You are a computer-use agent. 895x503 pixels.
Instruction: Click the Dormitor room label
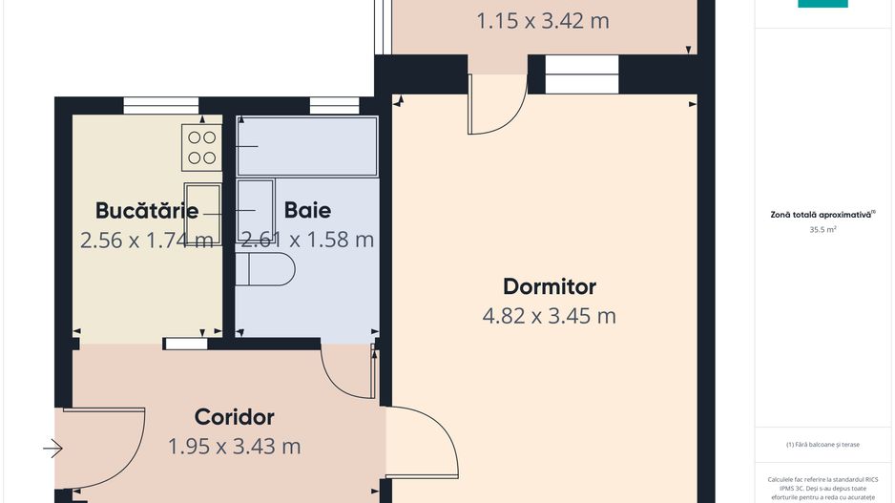pyautogui.click(x=549, y=286)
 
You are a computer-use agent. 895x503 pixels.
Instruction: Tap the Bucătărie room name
pyautogui.click(x=147, y=210)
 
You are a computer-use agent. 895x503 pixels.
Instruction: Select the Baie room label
pyautogui.click(x=307, y=210)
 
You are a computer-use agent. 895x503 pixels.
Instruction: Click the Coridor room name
pyautogui.click(x=234, y=417)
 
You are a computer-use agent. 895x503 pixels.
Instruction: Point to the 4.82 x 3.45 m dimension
pyautogui.click(x=549, y=316)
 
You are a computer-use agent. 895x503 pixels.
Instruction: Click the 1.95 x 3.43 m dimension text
pyautogui.click(x=234, y=446)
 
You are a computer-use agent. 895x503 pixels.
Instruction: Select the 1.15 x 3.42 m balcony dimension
pyautogui.click(x=542, y=20)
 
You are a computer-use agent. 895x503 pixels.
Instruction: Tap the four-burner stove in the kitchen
pyautogui.click(x=201, y=148)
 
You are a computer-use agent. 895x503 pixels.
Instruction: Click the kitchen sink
pyautogui.click(x=202, y=215)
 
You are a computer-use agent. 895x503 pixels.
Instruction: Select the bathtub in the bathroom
pyautogui.click(x=306, y=146)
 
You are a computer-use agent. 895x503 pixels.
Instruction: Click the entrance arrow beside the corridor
pyautogui.click(x=52, y=448)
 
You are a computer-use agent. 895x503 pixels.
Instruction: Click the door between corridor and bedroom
pyautogui.click(x=420, y=444)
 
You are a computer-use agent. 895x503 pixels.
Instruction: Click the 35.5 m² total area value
pyautogui.click(x=822, y=230)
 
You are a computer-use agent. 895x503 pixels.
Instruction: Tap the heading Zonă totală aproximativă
pyautogui.click(x=822, y=215)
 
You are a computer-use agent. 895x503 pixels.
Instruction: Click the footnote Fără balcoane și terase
pyautogui.click(x=822, y=444)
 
